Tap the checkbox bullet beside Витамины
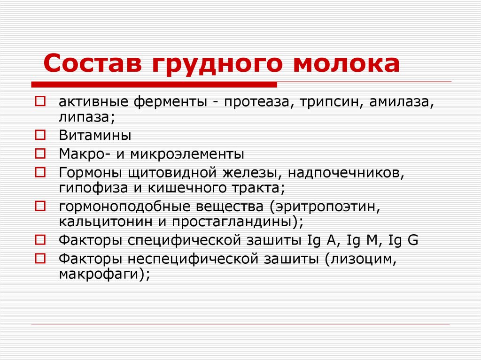pos(40,136)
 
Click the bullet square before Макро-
pos(40,153)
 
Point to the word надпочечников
pos(346,172)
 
